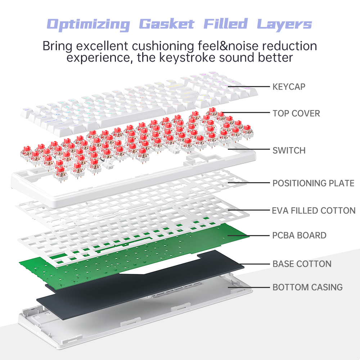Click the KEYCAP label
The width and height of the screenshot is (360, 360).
[289, 86]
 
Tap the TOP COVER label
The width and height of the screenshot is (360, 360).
[296, 113]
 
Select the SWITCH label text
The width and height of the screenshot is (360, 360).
[289, 150]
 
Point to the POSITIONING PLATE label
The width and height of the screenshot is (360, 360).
[313, 183]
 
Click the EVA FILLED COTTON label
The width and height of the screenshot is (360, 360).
[314, 210]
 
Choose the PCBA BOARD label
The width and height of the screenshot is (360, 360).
[299, 235]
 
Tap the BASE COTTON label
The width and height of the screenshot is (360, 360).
[302, 264]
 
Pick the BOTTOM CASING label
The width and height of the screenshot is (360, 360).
[307, 287]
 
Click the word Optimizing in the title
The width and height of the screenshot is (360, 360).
[88, 24]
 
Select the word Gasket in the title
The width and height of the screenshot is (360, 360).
[166, 24]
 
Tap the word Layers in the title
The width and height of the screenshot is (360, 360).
[284, 24]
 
